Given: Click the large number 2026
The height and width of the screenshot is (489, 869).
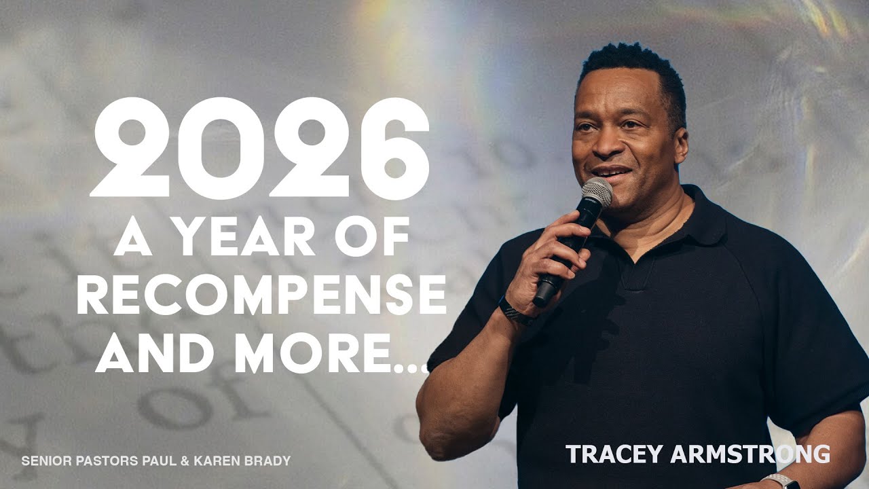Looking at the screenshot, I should pyautogui.click(x=260, y=148).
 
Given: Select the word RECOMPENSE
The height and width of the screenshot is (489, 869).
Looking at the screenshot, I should pyautogui.click(x=261, y=295).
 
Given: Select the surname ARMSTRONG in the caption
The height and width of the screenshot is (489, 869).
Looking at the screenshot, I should pyautogui.click(x=753, y=454).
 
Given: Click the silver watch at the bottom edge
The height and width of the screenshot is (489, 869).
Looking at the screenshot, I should pyautogui.click(x=781, y=481).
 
